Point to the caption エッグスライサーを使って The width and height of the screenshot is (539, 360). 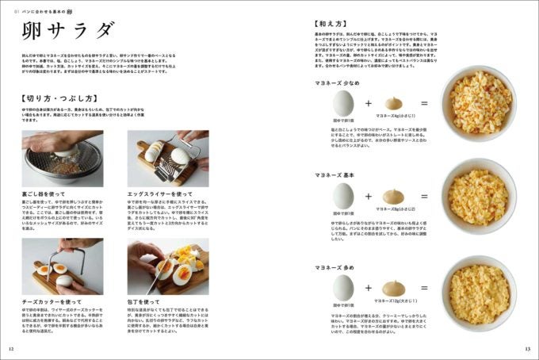[159, 193]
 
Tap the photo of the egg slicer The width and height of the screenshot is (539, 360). [168, 158]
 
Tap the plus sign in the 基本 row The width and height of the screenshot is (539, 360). [368, 196]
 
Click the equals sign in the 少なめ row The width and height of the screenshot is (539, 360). [424, 103]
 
